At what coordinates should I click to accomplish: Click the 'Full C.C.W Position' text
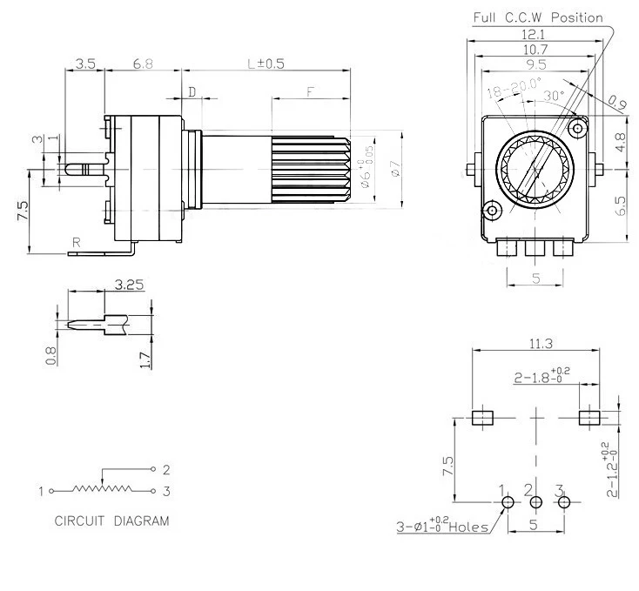coord(537,17)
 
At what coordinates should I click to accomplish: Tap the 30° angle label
coord(554,94)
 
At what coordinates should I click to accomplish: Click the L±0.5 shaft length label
coord(266,64)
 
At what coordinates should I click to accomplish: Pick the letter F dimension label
coord(310,91)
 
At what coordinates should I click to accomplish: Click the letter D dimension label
coord(192,91)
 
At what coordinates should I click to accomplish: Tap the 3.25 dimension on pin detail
coord(129,284)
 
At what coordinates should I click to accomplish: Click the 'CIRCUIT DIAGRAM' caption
coord(111,521)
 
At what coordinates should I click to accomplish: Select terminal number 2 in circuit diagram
coord(165,468)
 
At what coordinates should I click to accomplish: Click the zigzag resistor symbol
coord(104,490)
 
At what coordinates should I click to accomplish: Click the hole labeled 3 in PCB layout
coord(564,502)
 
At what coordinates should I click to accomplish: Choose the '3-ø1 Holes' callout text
coord(440,527)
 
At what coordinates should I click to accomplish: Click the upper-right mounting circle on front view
coord(575,129)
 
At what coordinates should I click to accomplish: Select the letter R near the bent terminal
coord(77,244)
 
